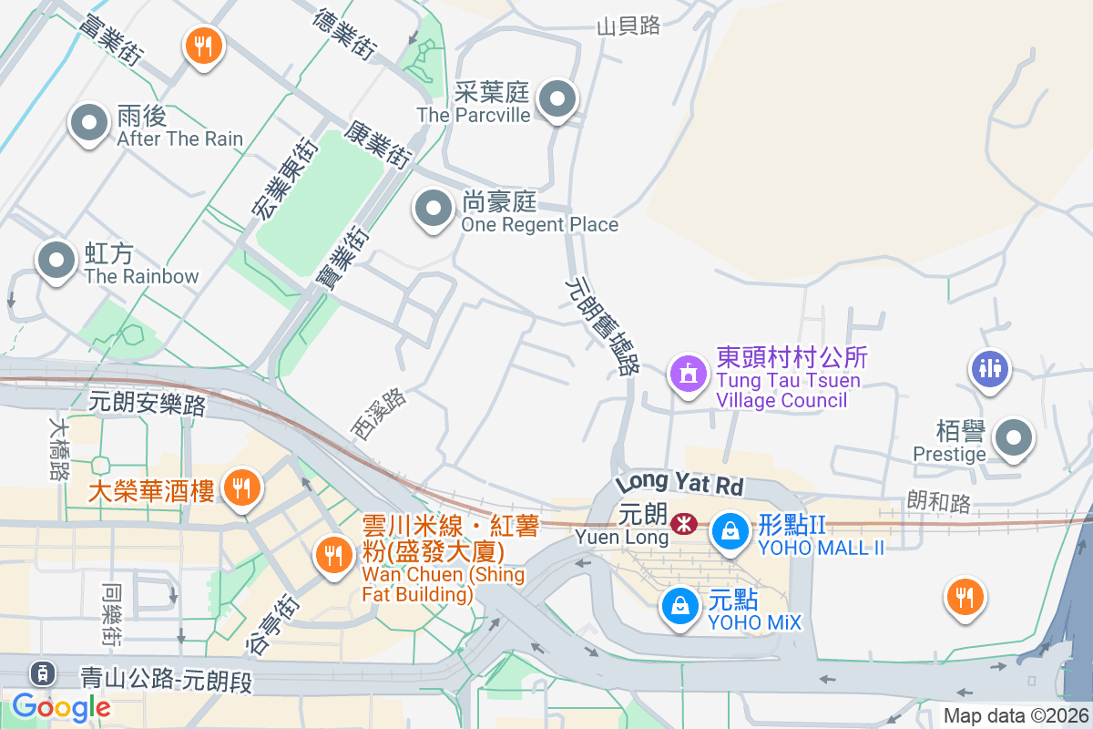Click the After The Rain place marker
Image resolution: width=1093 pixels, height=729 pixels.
[x=88, y=123]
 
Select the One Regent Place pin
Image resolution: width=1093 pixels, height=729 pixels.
[x=434, y=210]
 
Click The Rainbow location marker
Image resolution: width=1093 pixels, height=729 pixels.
[x=56, y=261]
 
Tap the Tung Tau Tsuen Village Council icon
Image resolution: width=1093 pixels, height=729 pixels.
[x=688, y=373]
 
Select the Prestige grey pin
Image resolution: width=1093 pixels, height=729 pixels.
[x=1014, y=439]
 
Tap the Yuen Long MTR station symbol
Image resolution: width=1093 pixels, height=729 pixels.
[x=682, y=524]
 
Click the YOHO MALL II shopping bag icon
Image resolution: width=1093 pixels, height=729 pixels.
[x=730, y=529]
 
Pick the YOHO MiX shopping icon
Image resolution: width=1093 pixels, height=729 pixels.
[x=679, y=604]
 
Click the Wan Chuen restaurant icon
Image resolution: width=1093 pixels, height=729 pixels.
[x=333, y=553]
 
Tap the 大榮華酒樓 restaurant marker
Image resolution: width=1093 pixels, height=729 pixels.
[x=241, y=488]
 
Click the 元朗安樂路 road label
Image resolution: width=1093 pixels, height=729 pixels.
[x=148, y=402]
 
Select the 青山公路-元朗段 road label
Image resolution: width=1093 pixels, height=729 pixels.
[x=166, y=679]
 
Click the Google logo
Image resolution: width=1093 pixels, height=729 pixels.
[x=61, y=706]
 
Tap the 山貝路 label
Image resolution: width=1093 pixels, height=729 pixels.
[x=628, y=26]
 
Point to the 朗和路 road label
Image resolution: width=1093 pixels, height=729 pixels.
[x=939, y=502]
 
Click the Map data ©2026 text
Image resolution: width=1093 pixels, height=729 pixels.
[x=1016, y=715]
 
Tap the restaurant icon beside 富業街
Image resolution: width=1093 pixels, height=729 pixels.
[x=203, y=45]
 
